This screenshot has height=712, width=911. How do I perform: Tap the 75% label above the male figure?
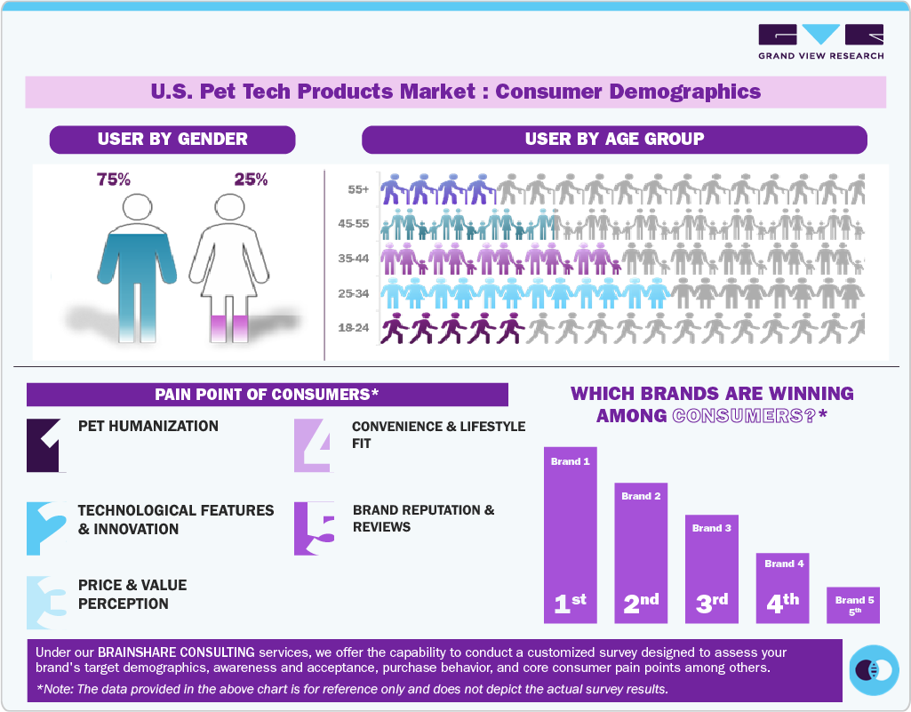pyautogui.click(x=113, y=180)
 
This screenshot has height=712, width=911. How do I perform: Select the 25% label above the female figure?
pyautogui.click(x=251, y=180)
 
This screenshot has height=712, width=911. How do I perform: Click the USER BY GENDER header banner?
pyautogui.click(x=172, y=140)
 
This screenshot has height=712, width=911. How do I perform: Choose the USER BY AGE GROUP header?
pyautogui.click(x=614, y=140)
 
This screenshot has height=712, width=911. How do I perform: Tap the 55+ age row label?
pyautogui.click(x=359, y=189)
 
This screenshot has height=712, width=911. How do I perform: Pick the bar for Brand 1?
pyautogui.click(x=570, y=534)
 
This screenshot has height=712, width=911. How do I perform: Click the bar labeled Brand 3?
pyautogui.click(x=711, y=568)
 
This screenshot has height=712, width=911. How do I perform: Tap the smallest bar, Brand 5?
pyautogui.click(x=853, y=604)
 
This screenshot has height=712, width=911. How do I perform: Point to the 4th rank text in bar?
pyautogui.click(x=783, y=602)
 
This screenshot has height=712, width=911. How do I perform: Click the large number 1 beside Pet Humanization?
pyautogui.click(x=46, y=444)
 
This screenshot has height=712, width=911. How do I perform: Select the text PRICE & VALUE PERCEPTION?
pyautogui.click(x=132, y=595)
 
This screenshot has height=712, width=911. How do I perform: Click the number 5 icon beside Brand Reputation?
pyautogui.click(x=314, y=529)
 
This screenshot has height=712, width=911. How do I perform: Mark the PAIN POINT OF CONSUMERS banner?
pyautogui.click(x=267, y=395)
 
